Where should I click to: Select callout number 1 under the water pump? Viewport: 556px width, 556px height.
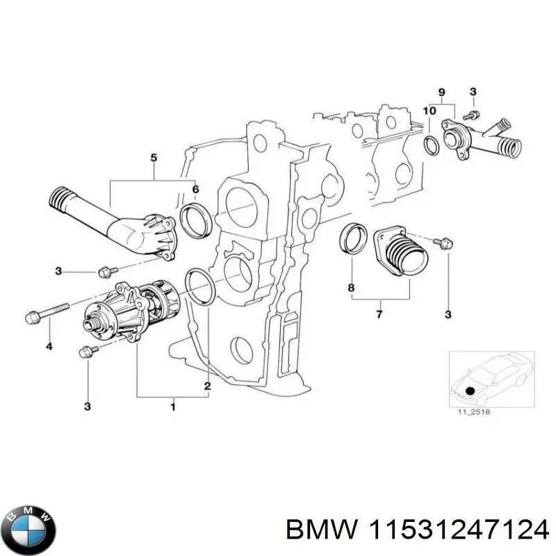pyautogui.click(x=173, y=404)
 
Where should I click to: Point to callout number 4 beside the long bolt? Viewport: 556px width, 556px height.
pyautogui.click(x=49, y=345)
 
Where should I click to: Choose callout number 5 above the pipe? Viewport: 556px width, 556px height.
pyautogui.click(x=154, y=158)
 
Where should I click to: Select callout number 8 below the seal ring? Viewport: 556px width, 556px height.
pyautogui.click(x=351, y=288)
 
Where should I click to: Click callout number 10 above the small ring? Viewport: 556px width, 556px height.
pyautogui.click(x=430, y=111)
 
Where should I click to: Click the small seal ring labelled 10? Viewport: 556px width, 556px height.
pyautogui.click(x=431, y=145)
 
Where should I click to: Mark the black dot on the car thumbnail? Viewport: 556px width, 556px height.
pyautogui.click(x=471, y=391)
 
